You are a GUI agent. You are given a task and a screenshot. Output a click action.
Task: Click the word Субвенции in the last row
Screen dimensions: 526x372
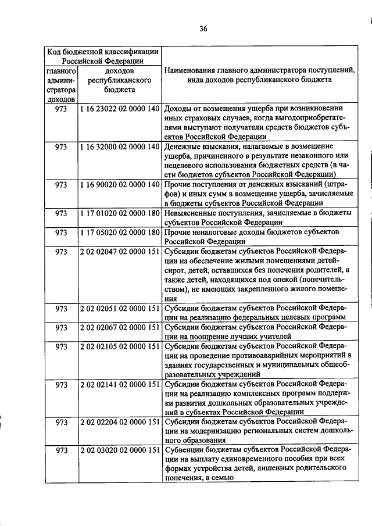coord(184,450)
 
